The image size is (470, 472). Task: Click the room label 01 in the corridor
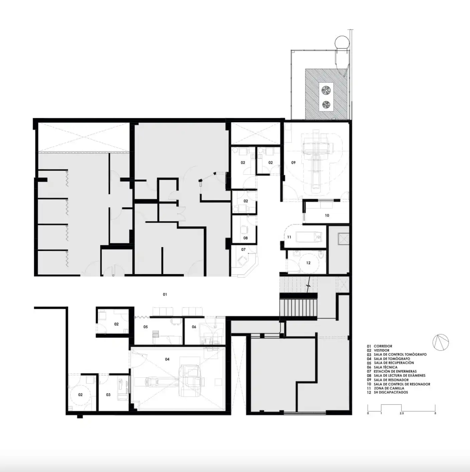tap(165, 294)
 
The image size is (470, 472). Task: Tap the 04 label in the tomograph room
tap(167, 359)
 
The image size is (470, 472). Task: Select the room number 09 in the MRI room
tap(293, 162)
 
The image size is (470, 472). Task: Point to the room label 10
tap(327, 216)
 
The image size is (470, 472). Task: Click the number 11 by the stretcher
tap(289, 237)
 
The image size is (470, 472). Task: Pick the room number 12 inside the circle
tap(308, 263)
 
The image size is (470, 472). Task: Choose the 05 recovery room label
tap(146, 327)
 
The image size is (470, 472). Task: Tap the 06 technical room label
tap(194, 327)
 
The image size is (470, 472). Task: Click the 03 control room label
tap(108, 394)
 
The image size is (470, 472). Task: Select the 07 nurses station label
tap(243, 249)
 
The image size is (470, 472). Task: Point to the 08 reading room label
tap(245, 238)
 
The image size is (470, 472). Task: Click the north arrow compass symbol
tap(441, 342)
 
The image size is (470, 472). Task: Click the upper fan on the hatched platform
tap(326, 90)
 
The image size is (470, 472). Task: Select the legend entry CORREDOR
tap(383, 346)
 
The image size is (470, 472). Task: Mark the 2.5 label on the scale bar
tap(402, 413)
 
